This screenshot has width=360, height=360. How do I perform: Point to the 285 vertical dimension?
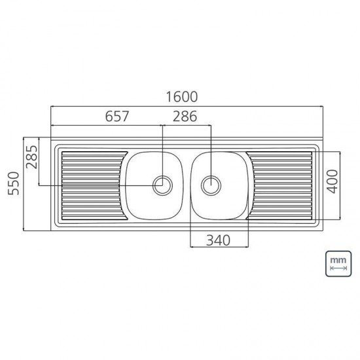31,157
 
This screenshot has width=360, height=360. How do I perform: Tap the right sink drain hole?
211,185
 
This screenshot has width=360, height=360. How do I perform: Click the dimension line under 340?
219,247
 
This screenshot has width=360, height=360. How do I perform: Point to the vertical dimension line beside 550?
24,183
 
